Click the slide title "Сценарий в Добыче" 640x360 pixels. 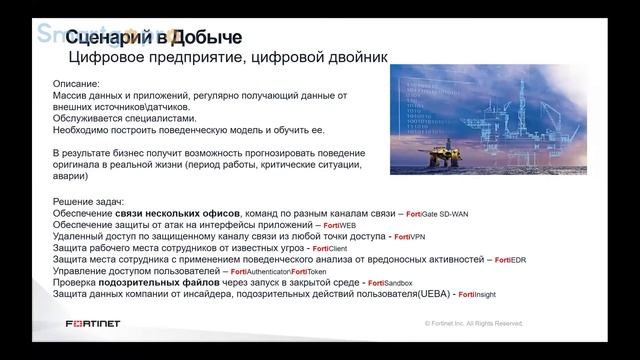pyautogui.click(x=160, y=38)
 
